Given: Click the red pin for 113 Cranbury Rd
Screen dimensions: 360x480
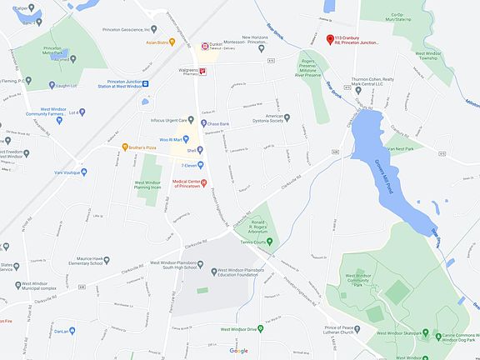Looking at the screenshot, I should (329, 39).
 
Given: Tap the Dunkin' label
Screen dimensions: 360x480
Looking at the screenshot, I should (220, 44).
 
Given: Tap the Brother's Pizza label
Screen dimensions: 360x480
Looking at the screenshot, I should (140, 147).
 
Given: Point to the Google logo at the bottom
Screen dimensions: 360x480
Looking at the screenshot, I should (238, 351).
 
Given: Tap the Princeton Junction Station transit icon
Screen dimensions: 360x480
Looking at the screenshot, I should (145, 83).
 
